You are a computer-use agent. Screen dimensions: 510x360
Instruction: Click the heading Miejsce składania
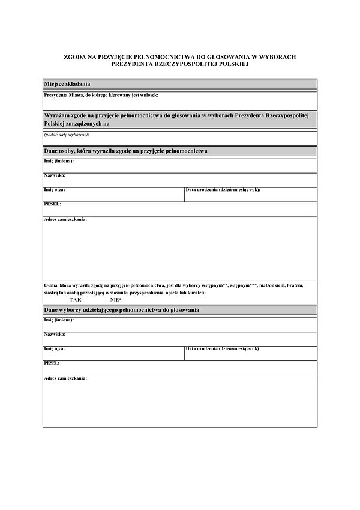[x=67, y=83]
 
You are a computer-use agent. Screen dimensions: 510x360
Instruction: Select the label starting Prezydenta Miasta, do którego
[x=101, y=95]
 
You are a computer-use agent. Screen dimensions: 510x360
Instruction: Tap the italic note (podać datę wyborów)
[x=66, y=135]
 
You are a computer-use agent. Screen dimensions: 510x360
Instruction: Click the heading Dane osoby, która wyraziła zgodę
[x=126, y=151]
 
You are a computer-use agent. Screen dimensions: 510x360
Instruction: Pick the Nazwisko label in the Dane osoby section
[x=55, y=175]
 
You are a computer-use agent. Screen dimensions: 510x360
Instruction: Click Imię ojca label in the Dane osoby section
[x=55, y=190]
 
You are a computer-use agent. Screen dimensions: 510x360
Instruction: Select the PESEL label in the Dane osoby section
[x=53, y=204]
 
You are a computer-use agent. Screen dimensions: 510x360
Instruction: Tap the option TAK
[x=75, y=299]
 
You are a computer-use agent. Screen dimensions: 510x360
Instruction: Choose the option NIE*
[x=116, y=299]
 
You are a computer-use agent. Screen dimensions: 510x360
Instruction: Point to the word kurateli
[x=195, y=292]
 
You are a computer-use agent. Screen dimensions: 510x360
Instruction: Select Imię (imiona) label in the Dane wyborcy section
[x=59, y=320]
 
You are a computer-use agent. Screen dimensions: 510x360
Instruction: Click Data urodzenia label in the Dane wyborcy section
[x=223, y=348]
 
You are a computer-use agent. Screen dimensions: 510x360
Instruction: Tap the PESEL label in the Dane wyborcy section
[x=52, y=363]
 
